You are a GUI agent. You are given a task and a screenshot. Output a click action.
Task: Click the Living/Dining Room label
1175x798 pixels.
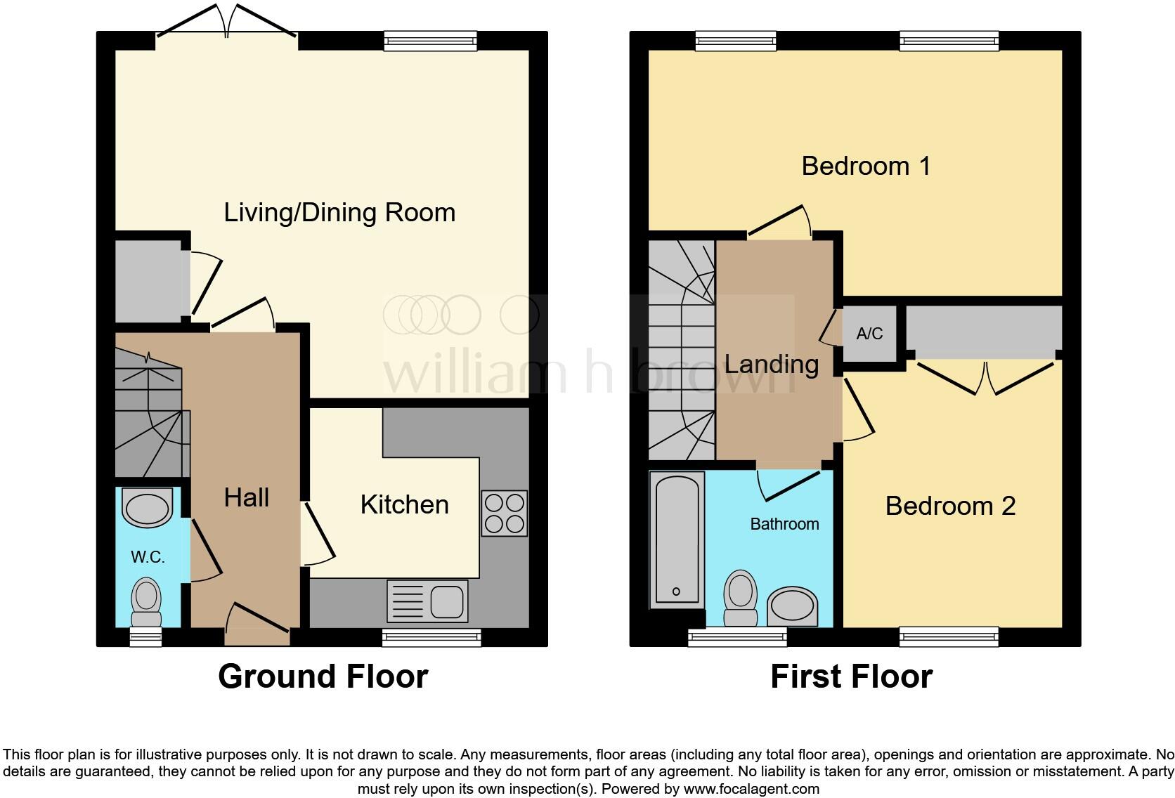coord(339,212)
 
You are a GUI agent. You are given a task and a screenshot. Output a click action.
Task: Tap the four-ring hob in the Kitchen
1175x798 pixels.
coord(504,514)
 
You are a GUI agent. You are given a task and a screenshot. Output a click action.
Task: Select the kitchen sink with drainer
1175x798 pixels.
coord(427,601)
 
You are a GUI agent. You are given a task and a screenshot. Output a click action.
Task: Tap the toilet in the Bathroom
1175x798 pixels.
coord(740,597)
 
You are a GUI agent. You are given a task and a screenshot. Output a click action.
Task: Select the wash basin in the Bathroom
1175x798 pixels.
coord(792,607)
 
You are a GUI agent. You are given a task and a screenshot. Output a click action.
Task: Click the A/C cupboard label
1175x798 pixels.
coord(869,334)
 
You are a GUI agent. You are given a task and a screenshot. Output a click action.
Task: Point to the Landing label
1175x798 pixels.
coord(772,364)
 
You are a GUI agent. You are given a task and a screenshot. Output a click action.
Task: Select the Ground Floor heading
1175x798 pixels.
coord(323,676)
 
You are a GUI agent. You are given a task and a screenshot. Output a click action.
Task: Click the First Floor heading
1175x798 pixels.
coord(851,676)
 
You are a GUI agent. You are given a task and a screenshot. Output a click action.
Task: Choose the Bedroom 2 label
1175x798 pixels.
coord(950,506)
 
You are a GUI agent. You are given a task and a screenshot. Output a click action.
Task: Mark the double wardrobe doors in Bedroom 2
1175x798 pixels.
coord(986,379)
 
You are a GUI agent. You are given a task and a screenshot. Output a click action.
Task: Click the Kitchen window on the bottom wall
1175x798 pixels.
coord(431,637)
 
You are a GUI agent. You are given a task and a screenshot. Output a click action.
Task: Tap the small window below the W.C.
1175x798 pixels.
coord(146,637)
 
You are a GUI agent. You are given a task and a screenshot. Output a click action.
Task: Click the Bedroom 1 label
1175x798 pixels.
coord(866,166)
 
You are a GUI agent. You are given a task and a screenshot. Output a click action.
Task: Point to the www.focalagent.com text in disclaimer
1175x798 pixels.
coord(751,789)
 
